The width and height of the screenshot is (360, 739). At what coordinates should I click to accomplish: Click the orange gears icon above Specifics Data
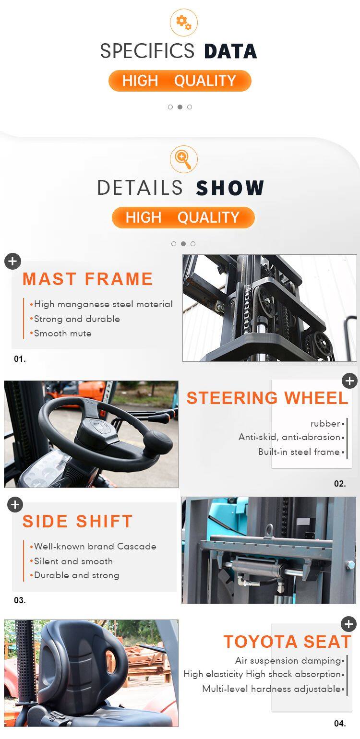184,23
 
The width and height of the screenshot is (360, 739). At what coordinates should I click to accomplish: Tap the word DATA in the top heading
230,51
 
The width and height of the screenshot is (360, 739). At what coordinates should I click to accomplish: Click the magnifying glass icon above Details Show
184,159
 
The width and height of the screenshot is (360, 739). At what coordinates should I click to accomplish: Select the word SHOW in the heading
230,188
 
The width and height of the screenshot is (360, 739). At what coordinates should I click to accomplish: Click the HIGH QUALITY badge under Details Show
183,217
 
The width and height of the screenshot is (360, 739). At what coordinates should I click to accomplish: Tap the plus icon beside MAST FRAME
13,261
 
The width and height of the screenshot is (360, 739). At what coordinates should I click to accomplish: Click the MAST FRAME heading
87,279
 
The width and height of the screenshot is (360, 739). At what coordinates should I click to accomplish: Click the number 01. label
20,359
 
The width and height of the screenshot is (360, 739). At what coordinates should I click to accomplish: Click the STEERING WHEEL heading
267,398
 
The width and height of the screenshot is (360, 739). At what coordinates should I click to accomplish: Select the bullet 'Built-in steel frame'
301,452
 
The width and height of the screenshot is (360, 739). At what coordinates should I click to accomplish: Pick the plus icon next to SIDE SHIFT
15,504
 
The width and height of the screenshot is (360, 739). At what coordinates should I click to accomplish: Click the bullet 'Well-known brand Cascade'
93,546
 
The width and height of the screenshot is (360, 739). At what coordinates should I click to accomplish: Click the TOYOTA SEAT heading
287,642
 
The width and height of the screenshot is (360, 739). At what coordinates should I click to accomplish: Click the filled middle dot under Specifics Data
180,107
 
